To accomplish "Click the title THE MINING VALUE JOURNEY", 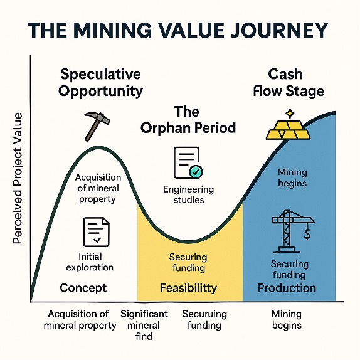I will [180, 30].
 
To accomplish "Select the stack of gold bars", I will [289, 129].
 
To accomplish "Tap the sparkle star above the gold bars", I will [289, 113].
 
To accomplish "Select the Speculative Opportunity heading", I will [100, 83].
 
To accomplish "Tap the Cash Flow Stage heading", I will [289, 82].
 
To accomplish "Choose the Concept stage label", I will [83, 288].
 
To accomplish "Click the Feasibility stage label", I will [188, 288].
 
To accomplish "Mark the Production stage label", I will [287, 288].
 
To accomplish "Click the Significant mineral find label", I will [144, 325].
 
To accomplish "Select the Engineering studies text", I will [188, 195].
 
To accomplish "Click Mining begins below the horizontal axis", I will [287, 319].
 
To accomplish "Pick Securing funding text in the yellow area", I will [188, 262].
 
